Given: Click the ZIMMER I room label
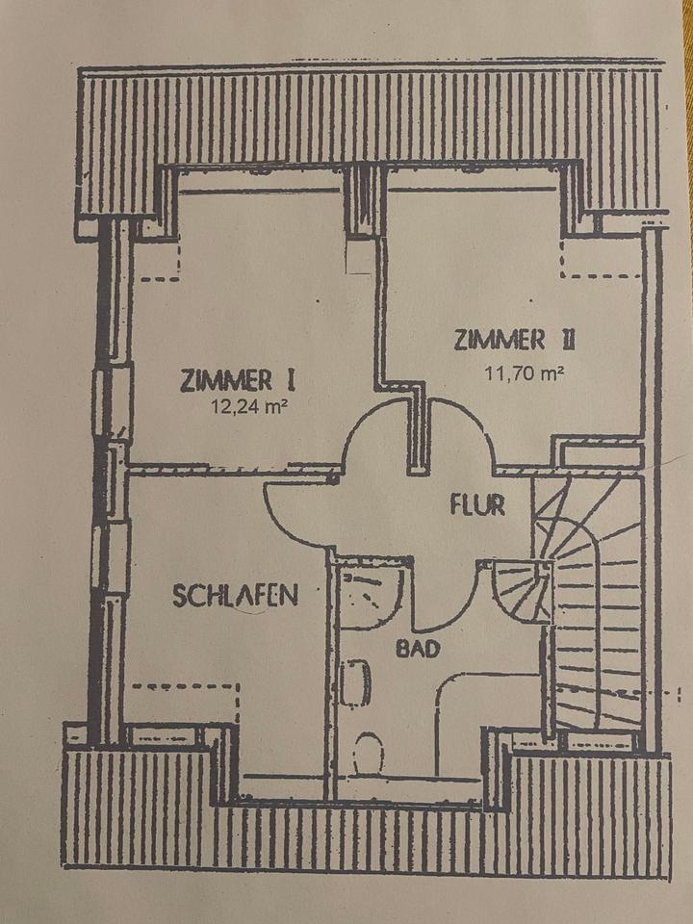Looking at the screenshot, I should coord(235,379).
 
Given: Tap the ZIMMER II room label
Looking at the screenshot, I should coord(514,341).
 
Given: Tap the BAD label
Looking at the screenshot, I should coord(418,649).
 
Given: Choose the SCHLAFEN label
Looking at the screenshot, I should coord(235,595).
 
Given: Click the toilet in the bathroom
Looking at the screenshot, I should coord(368,753).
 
